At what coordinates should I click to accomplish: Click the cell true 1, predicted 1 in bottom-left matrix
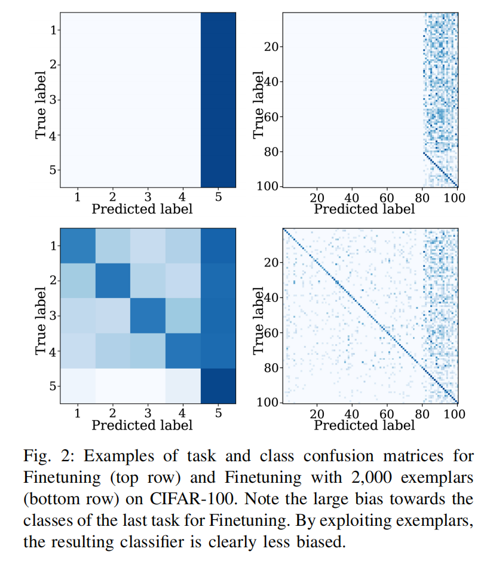click(x=77, y=246)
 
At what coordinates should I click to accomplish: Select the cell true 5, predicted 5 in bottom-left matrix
click(x=218, y=386)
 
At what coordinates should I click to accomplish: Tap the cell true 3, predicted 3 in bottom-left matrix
click(x=148, y=315)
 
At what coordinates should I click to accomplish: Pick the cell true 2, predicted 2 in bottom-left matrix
click(x=112, y=280)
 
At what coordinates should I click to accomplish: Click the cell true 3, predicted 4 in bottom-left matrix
click(x=183, y=315)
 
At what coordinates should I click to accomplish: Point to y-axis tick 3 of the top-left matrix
click(x=54, y=100)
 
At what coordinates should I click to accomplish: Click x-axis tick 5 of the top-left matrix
click(x=218, y=197)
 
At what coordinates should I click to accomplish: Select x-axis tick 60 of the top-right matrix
click(x=387, y=197)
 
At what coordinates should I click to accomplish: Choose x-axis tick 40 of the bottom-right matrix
click(x=352, y=413)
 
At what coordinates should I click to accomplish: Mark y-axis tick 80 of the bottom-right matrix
click(x=275, y=367)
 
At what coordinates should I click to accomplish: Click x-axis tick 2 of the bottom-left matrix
click(x=112, y=413)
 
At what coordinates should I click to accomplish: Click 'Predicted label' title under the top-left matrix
click(x=142, y=209)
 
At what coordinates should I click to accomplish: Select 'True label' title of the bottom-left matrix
click(x=41, y=315)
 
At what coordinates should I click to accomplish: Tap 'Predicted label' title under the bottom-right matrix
click(x=364, y=425)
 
